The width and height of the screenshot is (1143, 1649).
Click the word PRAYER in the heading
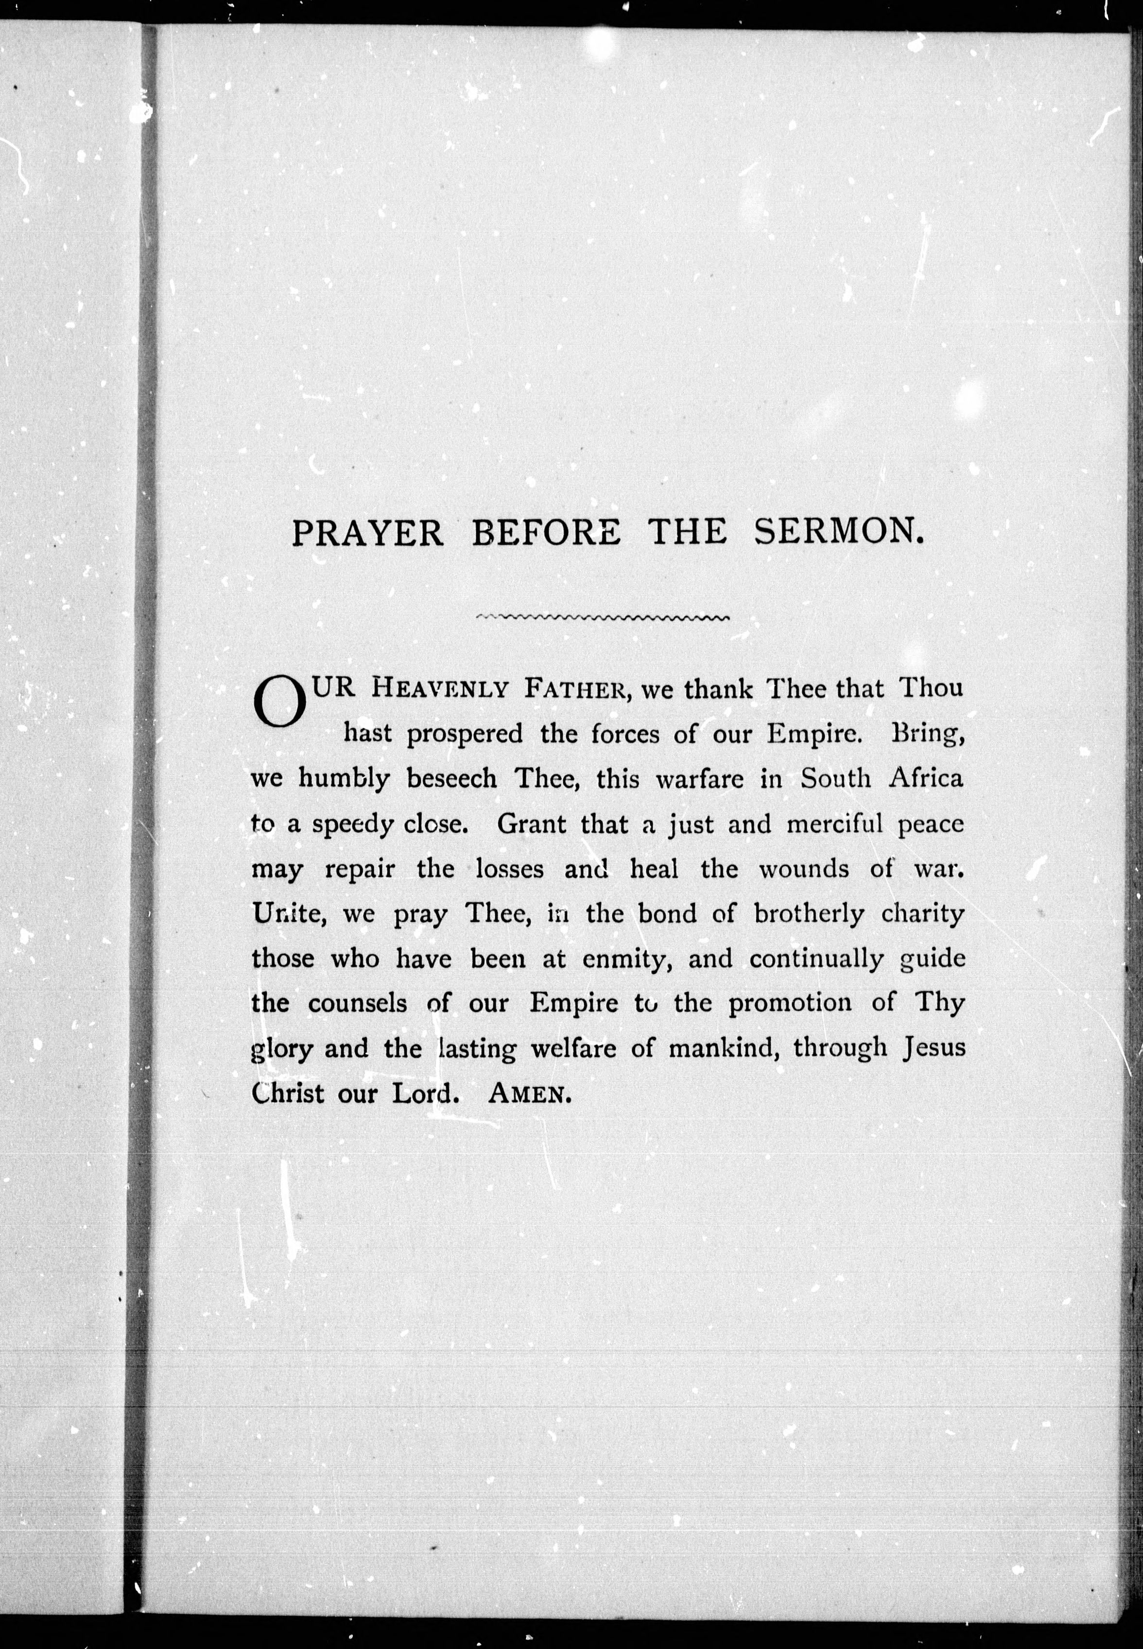point(367,534)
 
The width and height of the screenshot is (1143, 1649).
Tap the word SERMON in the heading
point(837,532)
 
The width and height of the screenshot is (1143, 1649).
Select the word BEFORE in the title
point(546,534)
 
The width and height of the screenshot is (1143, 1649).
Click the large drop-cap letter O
point(280,703)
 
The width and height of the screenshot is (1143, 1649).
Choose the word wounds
point(803,869)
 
